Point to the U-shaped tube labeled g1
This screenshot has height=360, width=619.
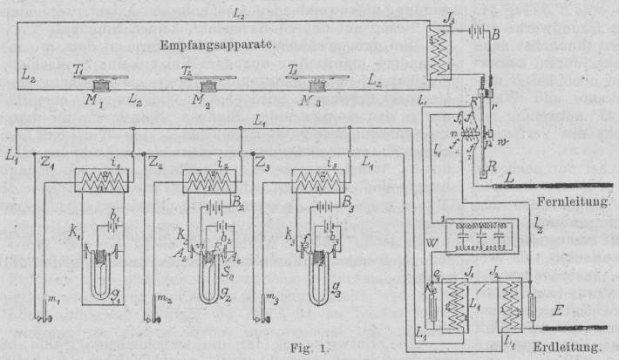[x=103, y=279]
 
